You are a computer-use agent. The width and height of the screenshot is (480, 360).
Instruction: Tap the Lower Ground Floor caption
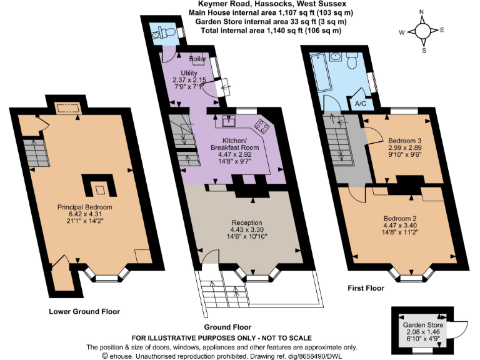coord(84,311)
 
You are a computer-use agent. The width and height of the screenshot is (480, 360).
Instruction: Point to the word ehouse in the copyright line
coord(119,356)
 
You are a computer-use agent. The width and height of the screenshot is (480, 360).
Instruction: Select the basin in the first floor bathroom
coord(336,57)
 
